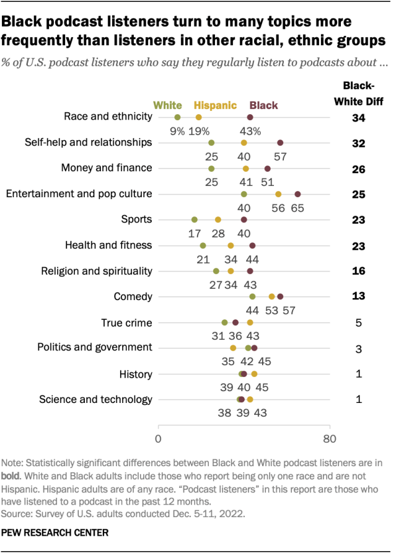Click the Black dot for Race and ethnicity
[250, 117]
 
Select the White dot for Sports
[195, 219]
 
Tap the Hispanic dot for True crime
[250, 322]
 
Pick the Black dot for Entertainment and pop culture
[297, 194]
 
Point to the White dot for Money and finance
[211, 168]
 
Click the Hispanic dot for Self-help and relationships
[244, 143]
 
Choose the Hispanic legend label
[216, 105]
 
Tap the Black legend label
[263, 105]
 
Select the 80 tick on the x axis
[330, 440]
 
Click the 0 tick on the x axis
[159, 440]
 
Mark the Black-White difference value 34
[358, 117]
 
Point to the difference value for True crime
[358, 322]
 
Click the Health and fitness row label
[108, 245]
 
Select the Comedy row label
[133, 296]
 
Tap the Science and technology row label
[95, 399]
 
